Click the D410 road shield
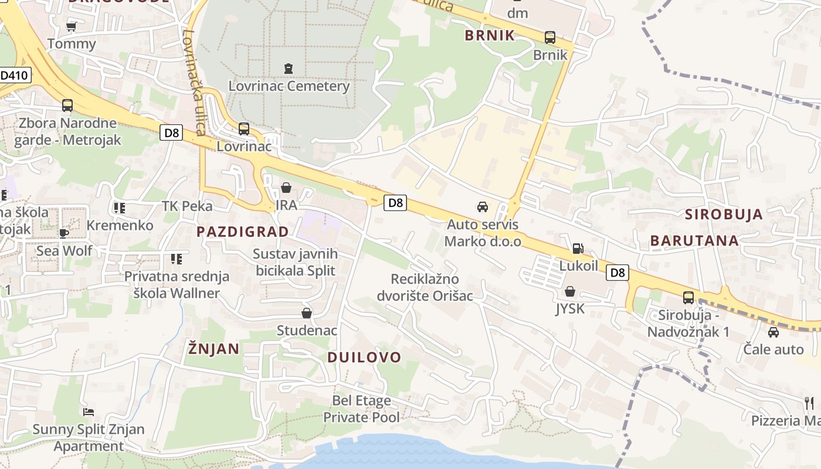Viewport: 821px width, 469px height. click(14, 75)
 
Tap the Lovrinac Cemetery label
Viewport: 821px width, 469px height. click(289, 86)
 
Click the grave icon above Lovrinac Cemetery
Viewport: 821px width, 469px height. click(288, 69)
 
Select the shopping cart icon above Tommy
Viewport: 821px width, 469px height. click(72, 26)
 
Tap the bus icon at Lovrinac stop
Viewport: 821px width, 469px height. click(244, 129)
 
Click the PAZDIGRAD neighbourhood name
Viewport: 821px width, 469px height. click(243, 232)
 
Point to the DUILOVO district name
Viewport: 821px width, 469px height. click(364, 357)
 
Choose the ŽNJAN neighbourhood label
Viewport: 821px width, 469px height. click(213, 349)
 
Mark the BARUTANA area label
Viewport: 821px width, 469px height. click(694, 240)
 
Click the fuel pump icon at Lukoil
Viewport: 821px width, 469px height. click(578, 249)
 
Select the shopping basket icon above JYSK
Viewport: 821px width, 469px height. click(570, 291)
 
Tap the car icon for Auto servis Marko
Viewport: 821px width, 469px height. click(483, 207)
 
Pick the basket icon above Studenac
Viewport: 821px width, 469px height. click(306, 313)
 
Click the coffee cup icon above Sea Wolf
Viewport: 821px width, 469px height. click(64, 233)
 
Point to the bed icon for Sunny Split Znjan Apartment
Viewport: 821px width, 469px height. click(89, 412)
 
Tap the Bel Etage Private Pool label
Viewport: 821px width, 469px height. click(362, 409)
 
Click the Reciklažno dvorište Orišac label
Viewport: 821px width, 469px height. click(432, 287)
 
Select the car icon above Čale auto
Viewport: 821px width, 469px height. click(773, 332)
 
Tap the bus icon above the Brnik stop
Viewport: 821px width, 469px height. click(550, 38)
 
